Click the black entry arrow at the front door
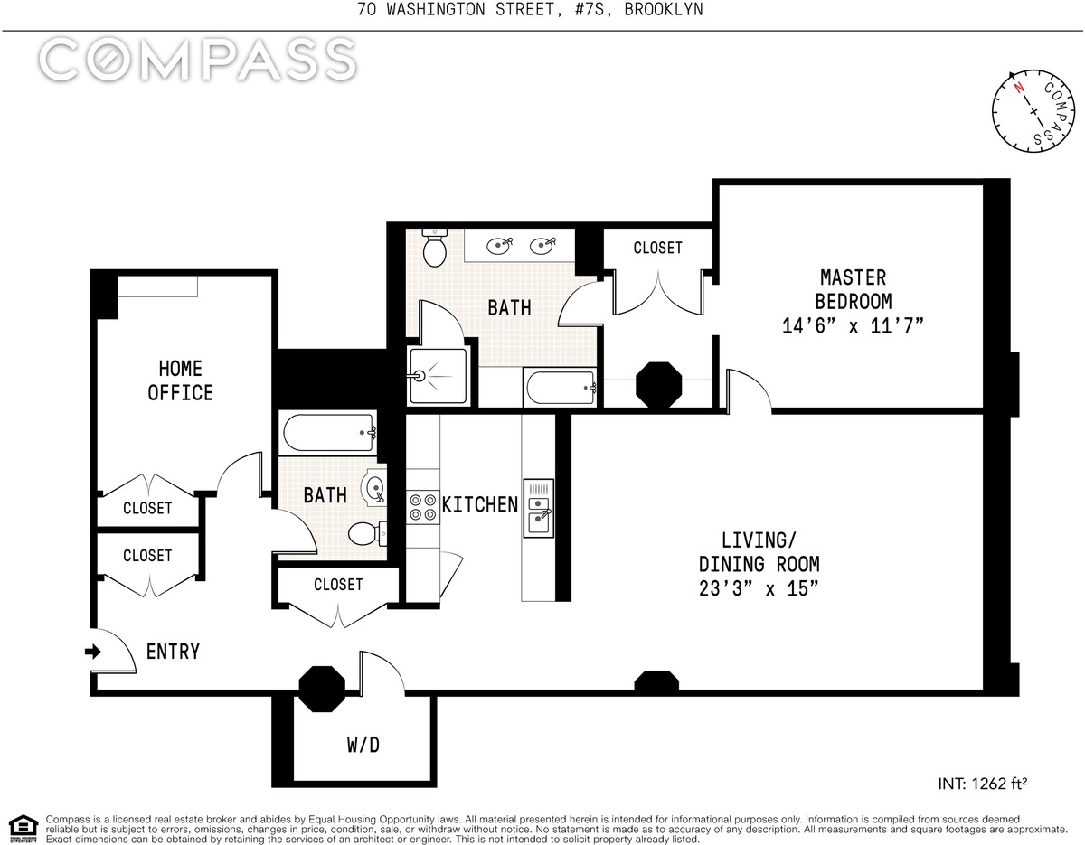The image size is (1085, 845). [x=93, y=652]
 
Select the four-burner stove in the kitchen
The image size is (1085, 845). [x=422, y=508]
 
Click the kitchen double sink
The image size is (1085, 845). [x=538, y=508]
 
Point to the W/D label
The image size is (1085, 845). [x=363, y=746]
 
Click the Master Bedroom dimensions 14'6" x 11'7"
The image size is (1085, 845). [x=853, y=326]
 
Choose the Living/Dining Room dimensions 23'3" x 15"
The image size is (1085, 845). [x=759, y=589]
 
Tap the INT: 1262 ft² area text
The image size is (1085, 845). [x=982, y=784]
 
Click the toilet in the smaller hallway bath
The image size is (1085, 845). [x=367, y=534]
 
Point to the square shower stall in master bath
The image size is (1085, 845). [x=438, y=376]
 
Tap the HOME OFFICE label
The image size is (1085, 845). [x=180, y=380]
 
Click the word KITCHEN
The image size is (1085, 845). [x=480, y=504]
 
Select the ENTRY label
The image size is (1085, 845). [x=173, y=652]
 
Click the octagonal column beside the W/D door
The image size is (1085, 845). [x=322, y=689]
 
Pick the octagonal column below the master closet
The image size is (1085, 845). [x=658, y=385]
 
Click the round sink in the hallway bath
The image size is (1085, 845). [x=375, y=485]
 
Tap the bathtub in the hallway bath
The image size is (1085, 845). [x=329, y=432]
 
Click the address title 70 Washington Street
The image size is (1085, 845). [x=456, y=9]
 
